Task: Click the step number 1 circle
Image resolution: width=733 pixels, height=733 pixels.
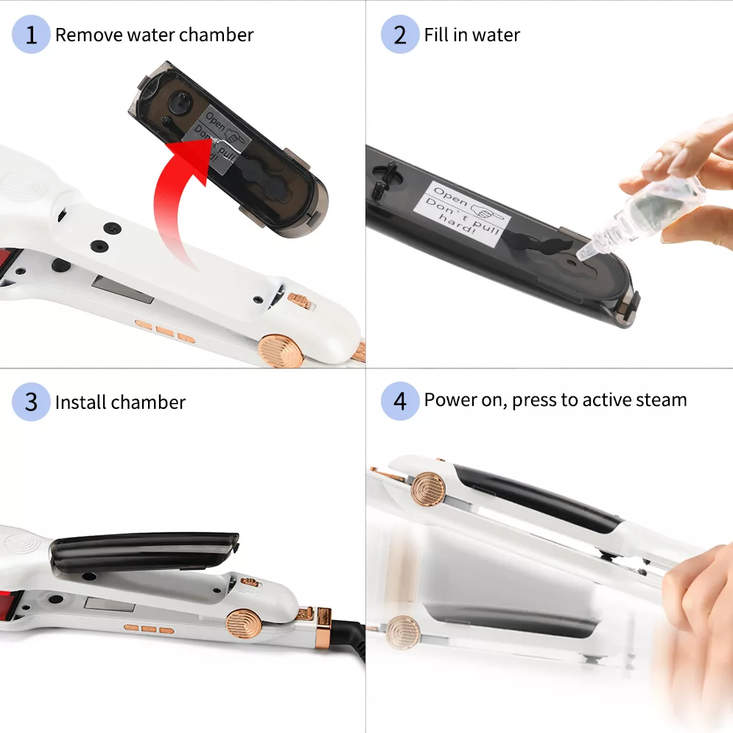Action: (x=31, y=34)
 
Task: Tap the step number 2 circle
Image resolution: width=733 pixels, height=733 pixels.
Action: (x=400, y=34)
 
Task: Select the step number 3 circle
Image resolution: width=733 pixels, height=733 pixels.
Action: (x=31, y=401)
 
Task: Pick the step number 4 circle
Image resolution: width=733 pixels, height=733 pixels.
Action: (x=400, y=401)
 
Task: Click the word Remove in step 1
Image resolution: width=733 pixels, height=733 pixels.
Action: (x=88, y=35)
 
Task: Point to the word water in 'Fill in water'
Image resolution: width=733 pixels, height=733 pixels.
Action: (x=496, y=35)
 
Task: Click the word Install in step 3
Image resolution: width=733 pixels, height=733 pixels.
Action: (x=80, y=402)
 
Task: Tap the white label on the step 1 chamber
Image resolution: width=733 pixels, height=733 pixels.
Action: (x=218, y=138)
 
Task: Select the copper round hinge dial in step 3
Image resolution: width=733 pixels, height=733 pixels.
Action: (x=244, y=625)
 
